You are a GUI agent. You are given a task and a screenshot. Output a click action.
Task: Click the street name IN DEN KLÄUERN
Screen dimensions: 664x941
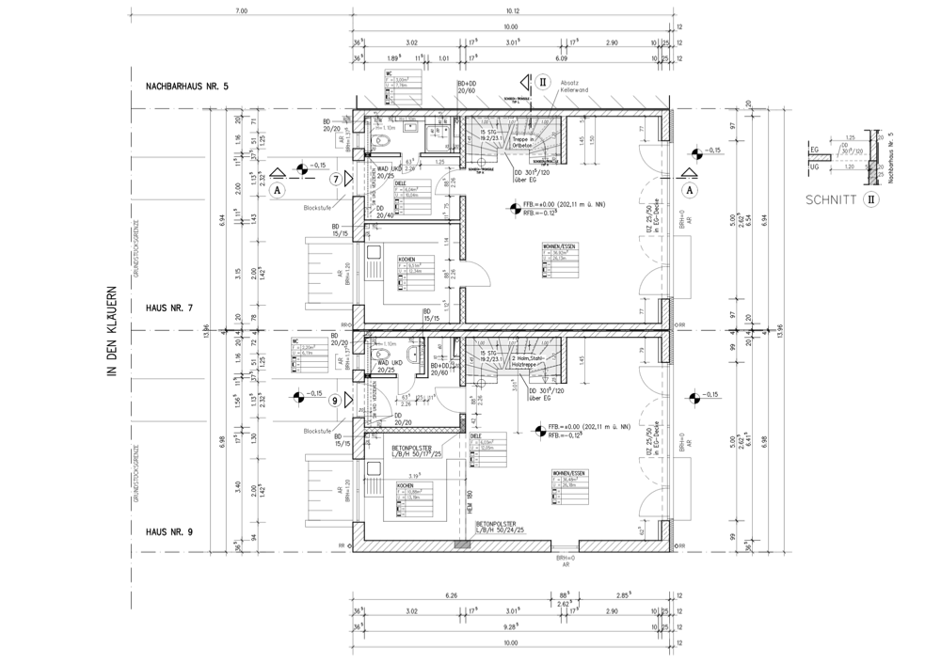(x=111, y=334)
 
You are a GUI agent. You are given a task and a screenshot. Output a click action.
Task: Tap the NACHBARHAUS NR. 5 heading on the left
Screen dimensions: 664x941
(x=187, y=87)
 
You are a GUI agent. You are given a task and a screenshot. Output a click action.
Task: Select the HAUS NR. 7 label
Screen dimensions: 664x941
(x=169, y=308)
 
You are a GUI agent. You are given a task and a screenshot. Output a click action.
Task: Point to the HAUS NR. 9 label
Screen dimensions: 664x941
(x=169, y=532)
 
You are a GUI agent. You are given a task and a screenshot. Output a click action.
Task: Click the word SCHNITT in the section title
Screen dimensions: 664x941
(x=829, y=199)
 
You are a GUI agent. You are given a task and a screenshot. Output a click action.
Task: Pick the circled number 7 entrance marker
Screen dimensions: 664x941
(x=335, y=178)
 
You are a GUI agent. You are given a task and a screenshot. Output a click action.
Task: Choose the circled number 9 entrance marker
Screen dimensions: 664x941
(x=335, y=401)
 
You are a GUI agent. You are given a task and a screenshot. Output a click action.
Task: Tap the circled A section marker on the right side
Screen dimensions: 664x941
(x=691, y=189)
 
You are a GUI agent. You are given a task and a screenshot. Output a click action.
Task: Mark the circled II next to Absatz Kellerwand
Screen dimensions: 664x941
(x=542, y=83)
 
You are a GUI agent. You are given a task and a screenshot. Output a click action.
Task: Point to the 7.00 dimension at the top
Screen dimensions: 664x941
(x=241, y=11)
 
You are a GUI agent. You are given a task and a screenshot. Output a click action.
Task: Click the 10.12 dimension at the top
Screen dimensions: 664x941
(x=513, y=11)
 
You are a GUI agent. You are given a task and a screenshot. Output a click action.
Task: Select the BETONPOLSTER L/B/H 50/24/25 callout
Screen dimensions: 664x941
(x=500, y=528)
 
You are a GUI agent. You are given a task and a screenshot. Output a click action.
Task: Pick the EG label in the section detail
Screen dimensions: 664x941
(x=815, y=150)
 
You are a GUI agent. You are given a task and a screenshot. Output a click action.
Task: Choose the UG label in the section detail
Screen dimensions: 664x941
(x=815, y=166)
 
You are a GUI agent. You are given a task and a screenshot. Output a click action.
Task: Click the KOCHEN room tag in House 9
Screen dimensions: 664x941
(x=407, y=490)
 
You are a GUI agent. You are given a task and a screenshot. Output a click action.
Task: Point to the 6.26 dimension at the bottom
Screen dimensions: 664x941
(x=451, y=596)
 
